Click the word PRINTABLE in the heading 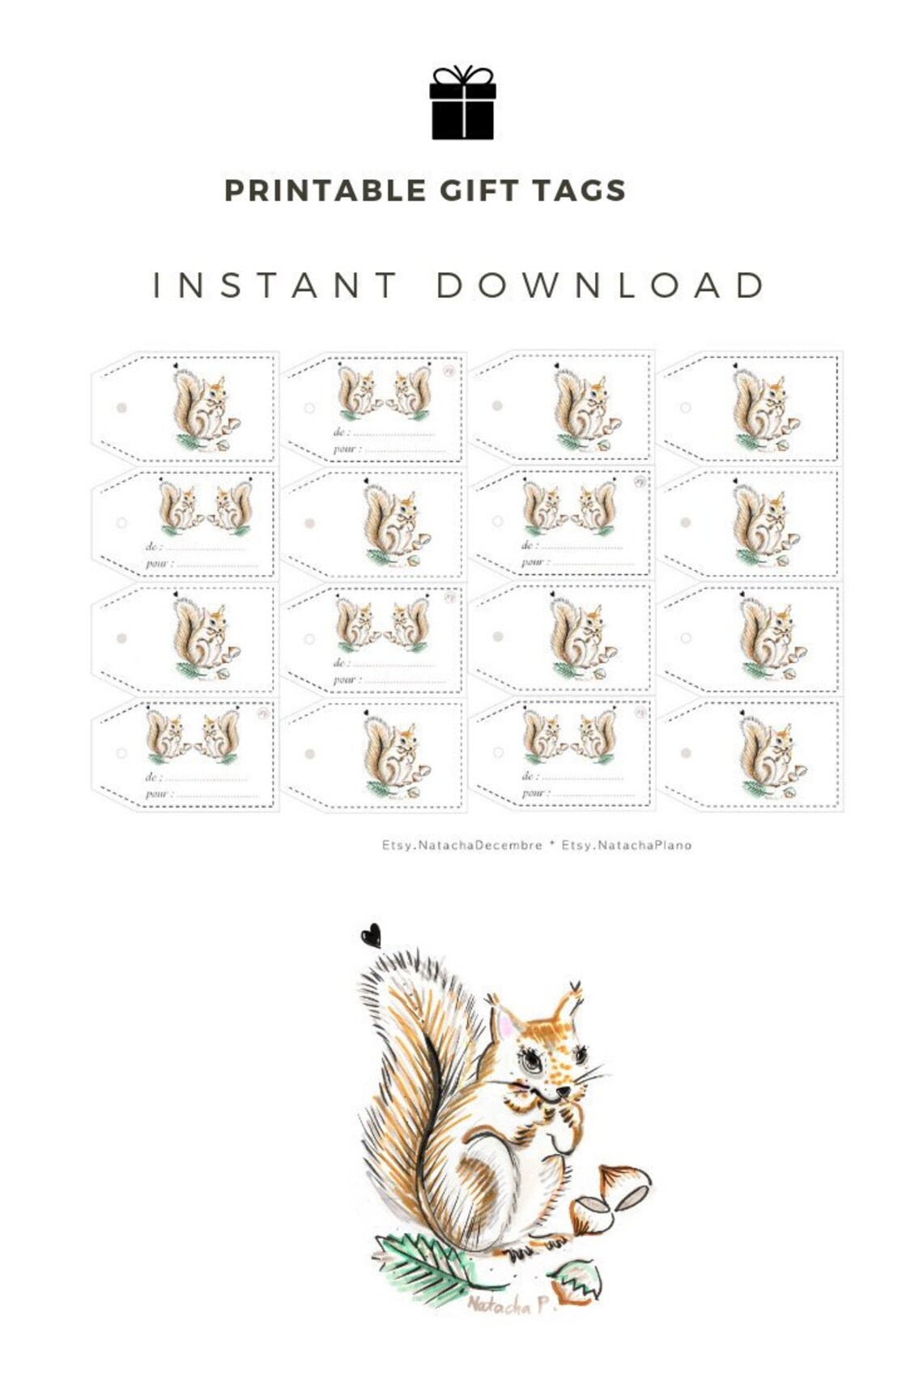(x=325, y=191)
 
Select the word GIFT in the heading (x=479, y=191)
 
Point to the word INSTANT (x=275, y=285)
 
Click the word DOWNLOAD (x=601, y=285)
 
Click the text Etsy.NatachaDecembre (x=462, y=845)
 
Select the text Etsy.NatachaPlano (x=627, y=845)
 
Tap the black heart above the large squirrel (x=371, y=936)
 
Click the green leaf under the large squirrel (x=425, y=1265)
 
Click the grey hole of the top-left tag (x=121, y=408)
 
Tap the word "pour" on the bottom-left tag (x=155, y=794)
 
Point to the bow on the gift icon (x=462, y=75)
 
